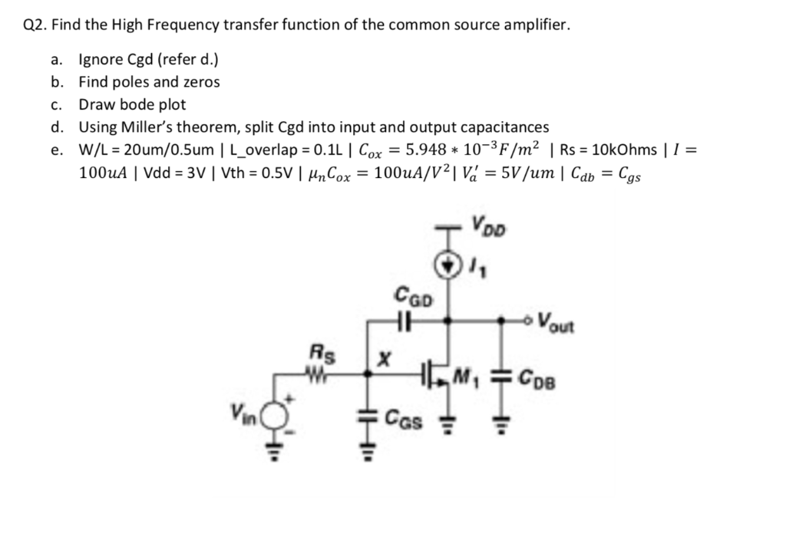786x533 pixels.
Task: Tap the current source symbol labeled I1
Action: tap(449, 265)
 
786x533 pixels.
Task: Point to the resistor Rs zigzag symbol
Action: tap(315, 377)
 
